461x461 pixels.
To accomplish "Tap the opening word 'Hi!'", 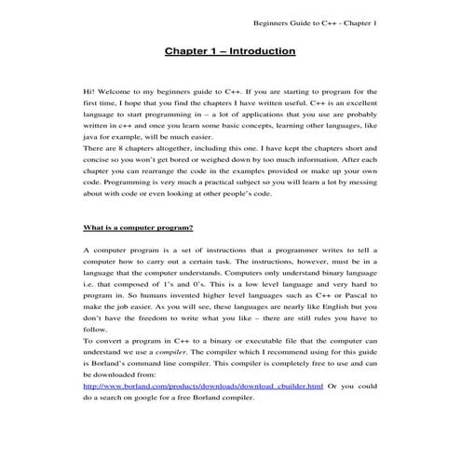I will click(90, 93).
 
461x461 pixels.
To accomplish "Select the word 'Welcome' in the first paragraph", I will click(120, 93).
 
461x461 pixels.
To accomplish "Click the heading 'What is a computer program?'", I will click(137, 228).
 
